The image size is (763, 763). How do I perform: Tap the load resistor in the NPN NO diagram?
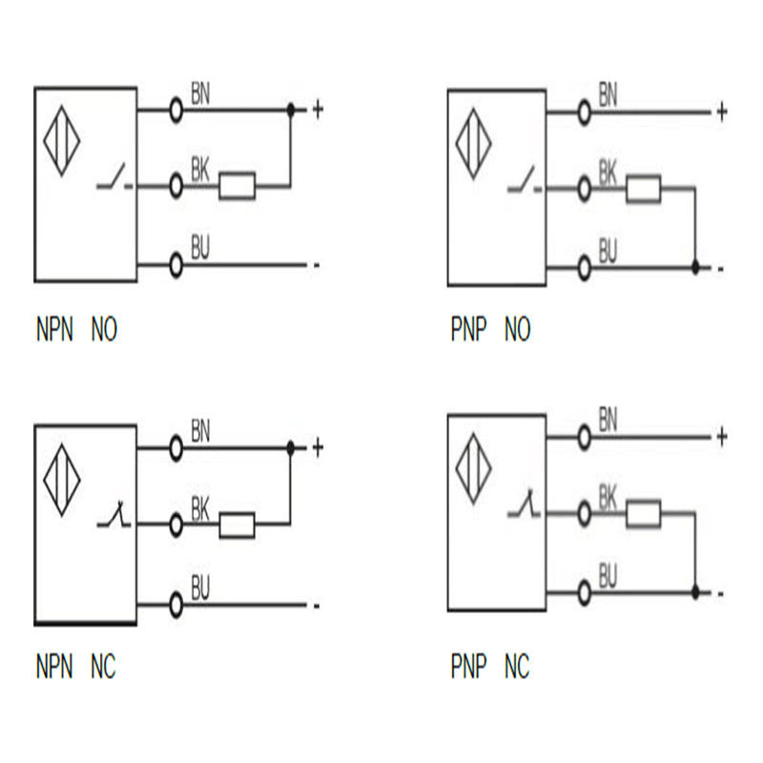[x=237, y=186]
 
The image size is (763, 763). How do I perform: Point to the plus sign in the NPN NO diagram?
[x=318, y=110]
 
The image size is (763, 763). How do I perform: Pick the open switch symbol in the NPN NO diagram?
[x=115, y=181]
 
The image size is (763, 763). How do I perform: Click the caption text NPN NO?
[x=76, y=331]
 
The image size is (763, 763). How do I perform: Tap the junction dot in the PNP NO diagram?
[x=695, y=268]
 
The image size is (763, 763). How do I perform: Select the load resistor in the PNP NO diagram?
[x=644, y=191]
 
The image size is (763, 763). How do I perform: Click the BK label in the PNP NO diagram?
[x=608, y=173]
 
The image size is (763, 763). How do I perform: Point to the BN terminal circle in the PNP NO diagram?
[x=584, y=113]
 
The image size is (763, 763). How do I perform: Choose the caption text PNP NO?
[x=489, y=331]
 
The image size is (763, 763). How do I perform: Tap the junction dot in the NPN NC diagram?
[x=291, y=446]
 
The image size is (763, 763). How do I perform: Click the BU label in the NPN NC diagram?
[x=200, y=588]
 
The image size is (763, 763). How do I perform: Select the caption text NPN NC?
[x=75, y=667]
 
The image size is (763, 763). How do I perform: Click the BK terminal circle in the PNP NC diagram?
[x=584, y=514]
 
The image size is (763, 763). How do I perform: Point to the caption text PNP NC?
[x=489, y=667]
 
